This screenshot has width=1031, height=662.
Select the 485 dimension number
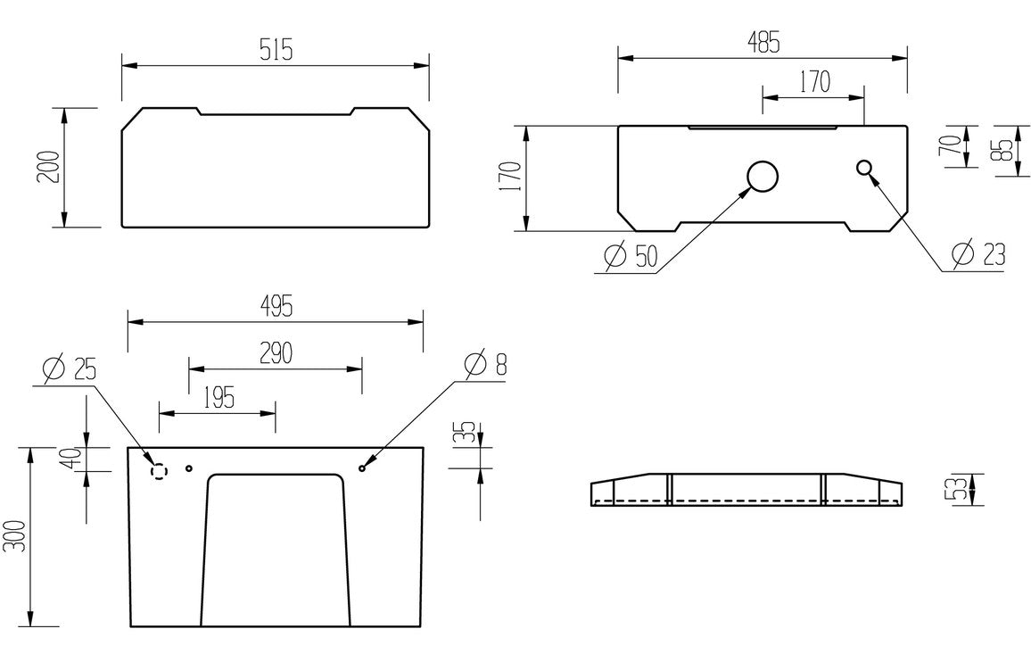[764, 41]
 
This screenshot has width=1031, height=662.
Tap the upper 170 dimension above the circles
[813, 82]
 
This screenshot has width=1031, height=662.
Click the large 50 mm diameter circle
[763, 177]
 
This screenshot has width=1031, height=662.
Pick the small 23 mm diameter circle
[864, 167]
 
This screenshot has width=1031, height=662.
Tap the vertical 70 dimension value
[951, 146]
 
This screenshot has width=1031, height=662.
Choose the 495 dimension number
[277, 306]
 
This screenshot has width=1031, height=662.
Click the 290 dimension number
[276, 353]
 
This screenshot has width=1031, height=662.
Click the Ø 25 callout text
[69, 367]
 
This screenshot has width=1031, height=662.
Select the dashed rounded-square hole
[159, 469]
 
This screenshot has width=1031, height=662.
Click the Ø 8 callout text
[485, 363]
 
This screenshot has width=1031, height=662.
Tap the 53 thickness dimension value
[955, 490]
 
